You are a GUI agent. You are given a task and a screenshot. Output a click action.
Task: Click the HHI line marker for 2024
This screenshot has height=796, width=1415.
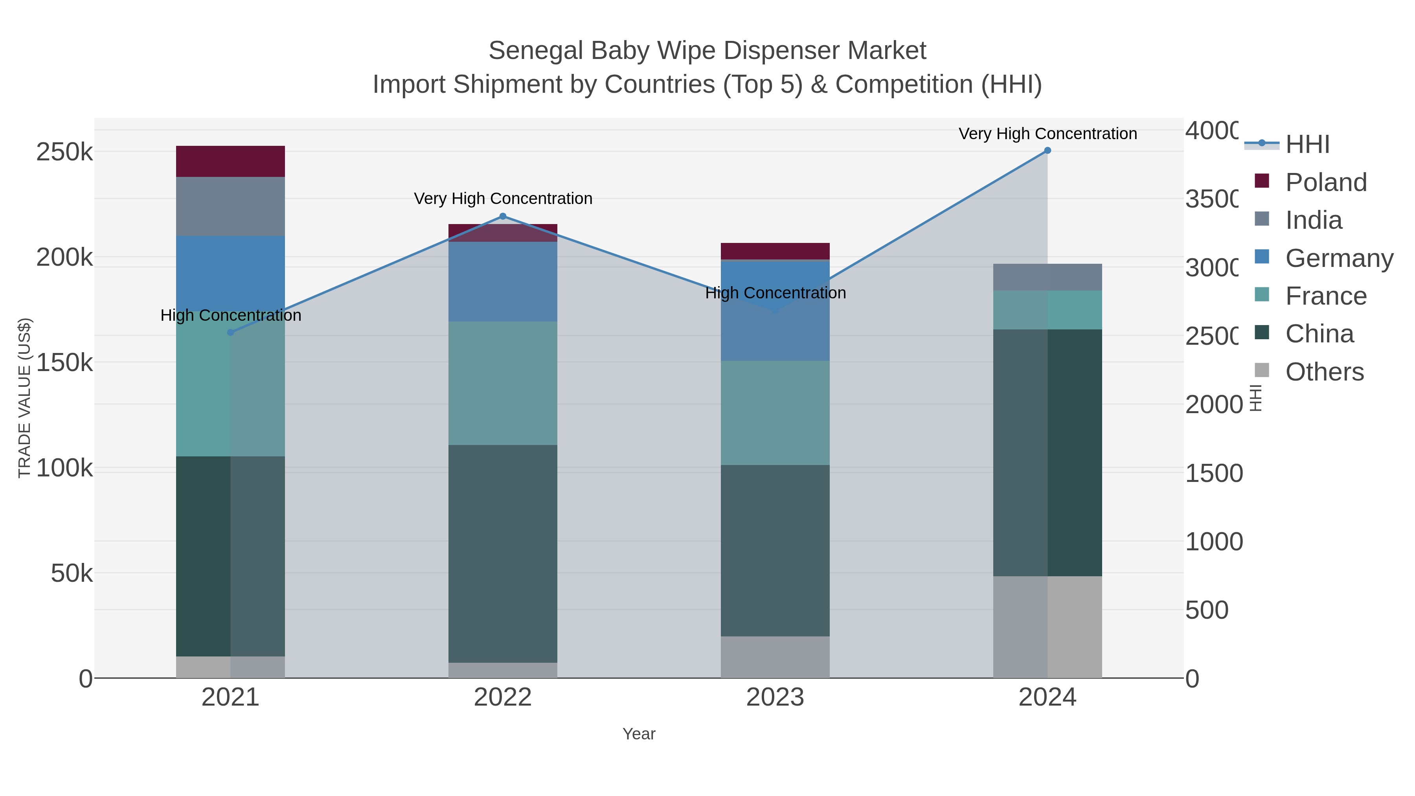1047,151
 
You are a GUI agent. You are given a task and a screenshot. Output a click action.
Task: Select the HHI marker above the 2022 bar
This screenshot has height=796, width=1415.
503,217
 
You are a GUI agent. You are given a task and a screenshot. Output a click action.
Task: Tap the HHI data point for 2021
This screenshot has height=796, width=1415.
230,332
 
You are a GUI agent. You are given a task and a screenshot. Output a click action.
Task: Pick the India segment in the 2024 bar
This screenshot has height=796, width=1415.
1047,277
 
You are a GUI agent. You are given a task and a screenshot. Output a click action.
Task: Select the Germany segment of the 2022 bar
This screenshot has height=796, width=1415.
503,281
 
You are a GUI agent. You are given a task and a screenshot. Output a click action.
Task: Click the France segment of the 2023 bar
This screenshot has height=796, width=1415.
775,413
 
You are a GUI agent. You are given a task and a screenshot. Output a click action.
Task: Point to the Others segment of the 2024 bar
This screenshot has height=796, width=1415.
1047,626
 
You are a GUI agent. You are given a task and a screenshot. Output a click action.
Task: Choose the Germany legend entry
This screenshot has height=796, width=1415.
1339,258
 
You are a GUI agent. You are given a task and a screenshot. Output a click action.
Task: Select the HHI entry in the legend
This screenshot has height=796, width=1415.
1307,145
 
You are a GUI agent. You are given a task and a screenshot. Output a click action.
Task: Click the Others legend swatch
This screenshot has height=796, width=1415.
1262,370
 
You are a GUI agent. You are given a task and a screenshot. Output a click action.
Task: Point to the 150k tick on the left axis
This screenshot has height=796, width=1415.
64,362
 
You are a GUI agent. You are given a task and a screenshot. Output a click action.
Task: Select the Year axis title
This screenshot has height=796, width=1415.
639,734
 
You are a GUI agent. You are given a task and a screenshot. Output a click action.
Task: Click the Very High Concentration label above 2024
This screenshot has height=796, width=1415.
1047,134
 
